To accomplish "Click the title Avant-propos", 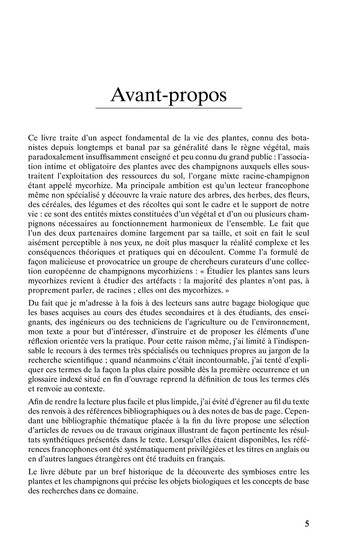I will (169, 93).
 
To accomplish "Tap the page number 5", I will (307, 523).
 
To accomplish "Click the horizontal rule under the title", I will (169, 108).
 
